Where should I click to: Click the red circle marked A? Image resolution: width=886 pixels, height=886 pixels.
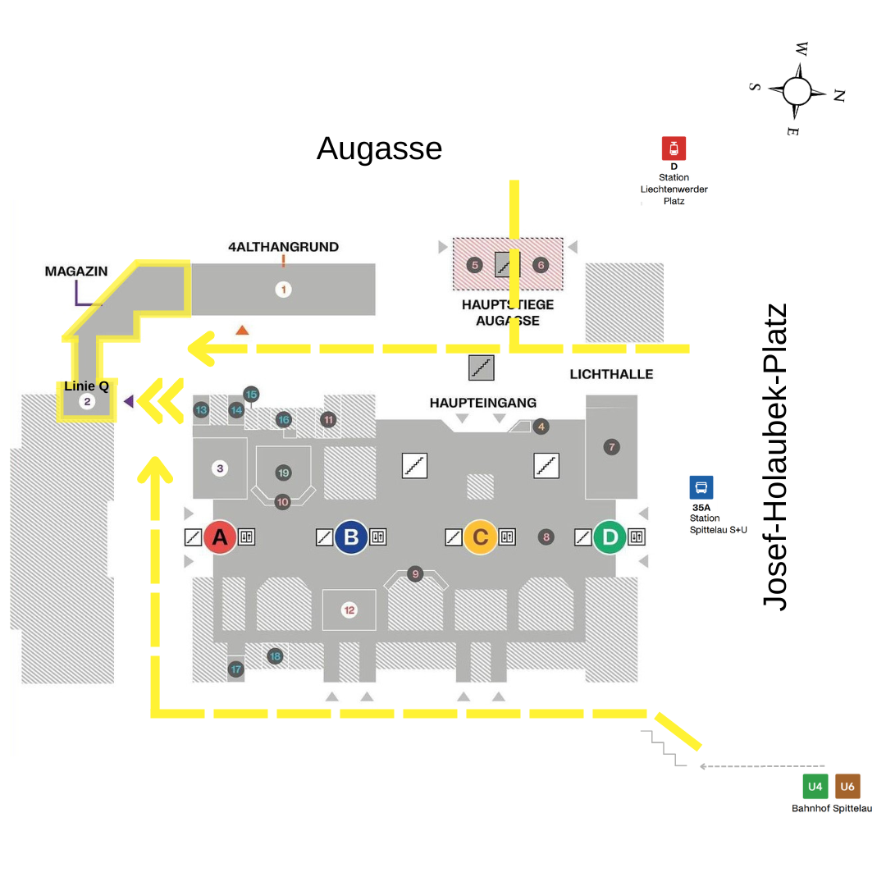click(x=220, y=537)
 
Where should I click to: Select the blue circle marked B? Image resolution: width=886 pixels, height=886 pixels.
click(x=351, y=537)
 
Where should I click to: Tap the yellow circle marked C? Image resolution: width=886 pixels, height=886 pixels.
click(x=481, y=537)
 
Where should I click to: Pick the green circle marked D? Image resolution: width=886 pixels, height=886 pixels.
click(x=610, y=537)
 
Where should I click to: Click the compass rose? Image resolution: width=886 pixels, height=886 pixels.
click(x=797, y=90)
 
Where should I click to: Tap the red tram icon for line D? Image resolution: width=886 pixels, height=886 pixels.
click(x=674, y=148)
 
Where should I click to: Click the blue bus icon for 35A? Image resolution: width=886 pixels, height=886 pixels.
click(x=701, y=488)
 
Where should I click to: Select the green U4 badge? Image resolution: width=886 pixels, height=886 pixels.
click(x=815, y=787)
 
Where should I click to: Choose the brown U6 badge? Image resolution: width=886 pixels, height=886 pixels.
click(x=847, y=787)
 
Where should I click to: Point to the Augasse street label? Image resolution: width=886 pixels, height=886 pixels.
click(x=379, y=148)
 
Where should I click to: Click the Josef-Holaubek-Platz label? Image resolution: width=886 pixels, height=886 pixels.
click(x=775, y=457)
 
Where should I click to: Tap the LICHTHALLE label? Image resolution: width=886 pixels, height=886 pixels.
click(x=611, y=374)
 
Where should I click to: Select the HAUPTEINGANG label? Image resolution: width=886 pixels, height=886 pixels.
click(x=482, y=403)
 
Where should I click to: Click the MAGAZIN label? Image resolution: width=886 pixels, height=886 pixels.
click(x=76, y=272)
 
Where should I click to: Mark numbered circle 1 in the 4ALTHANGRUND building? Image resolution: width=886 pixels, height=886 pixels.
click(x=283, y=289)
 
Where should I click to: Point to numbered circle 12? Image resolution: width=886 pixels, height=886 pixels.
click(x=349, y=610)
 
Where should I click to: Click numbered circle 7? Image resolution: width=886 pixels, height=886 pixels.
click(x=611, y=447)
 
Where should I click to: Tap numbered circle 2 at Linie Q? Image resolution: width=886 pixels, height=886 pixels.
click(x=87, y=402)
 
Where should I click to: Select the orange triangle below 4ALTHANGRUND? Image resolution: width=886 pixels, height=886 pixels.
click(x=242, y=330)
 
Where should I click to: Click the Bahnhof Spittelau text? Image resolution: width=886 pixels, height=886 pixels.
click(x=831, y=809)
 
